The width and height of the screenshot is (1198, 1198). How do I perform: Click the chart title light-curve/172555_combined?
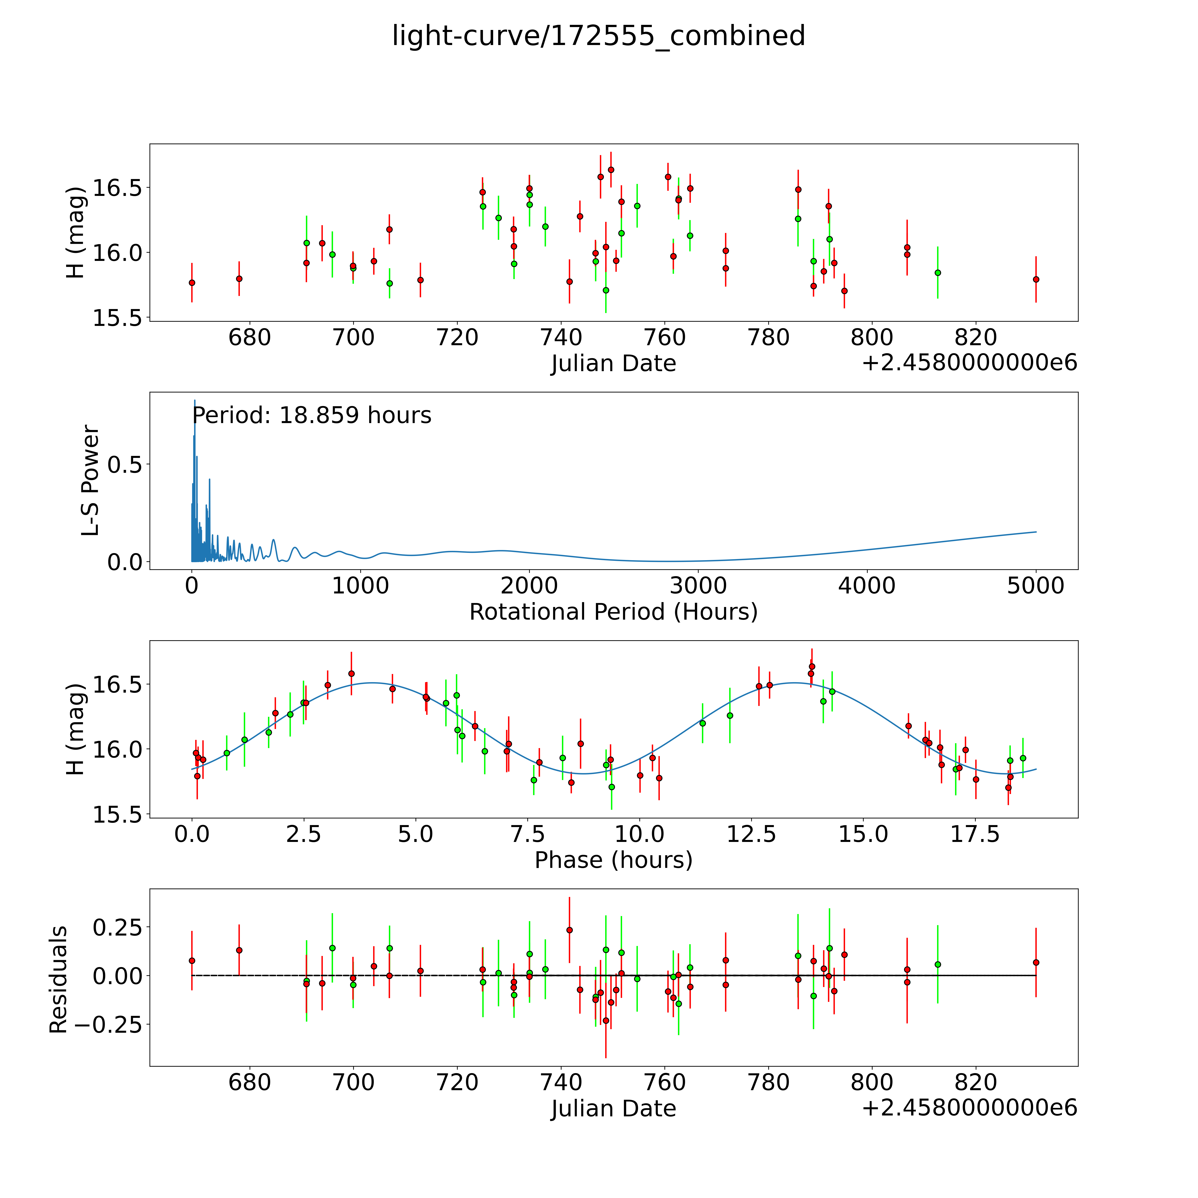click(598, 36)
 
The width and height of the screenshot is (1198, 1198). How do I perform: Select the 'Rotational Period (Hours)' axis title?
click(613, 612)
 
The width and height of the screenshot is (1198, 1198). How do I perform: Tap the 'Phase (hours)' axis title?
click(613, 860)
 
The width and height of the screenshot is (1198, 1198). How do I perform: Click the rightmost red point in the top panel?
click(1036, 279)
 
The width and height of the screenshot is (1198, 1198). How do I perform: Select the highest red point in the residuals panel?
click(569, 930)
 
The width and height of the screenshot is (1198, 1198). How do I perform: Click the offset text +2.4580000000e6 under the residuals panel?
click(969, 1108)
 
